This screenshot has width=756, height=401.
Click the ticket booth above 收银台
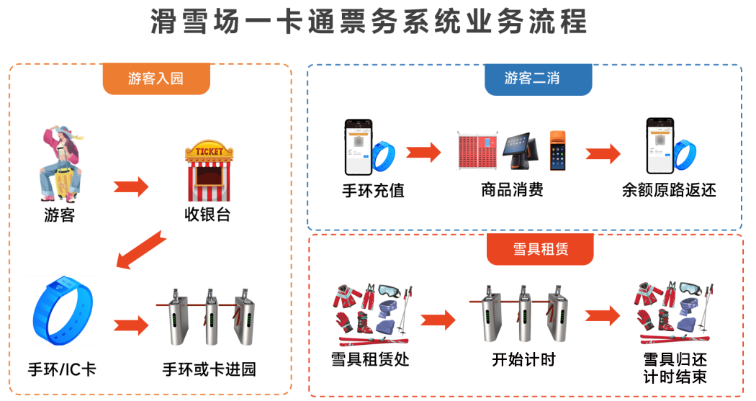(x=209, y=172)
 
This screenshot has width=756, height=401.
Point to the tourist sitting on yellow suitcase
(x=60, y=163)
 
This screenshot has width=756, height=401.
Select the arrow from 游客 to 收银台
(x=131, y=187)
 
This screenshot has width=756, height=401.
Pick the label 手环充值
(x=373, y=191)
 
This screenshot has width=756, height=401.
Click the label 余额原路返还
(x=670, y=191)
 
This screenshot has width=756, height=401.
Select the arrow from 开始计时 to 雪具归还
(x=602, y=315)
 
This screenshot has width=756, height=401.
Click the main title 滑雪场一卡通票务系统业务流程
(x=369, y=22)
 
